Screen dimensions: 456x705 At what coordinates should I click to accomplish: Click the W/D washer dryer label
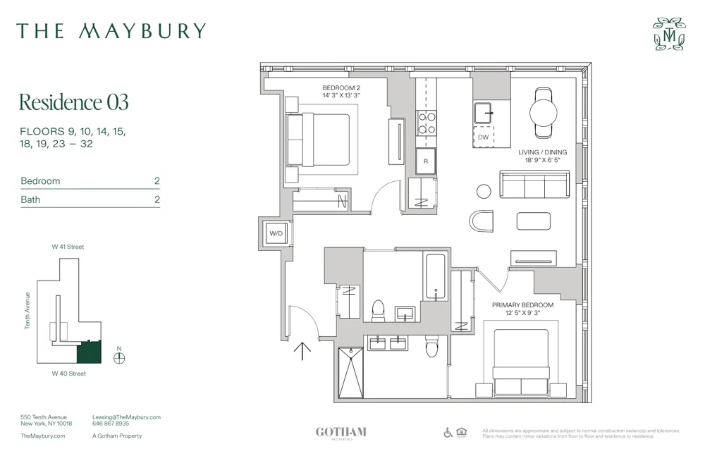coord(274,233)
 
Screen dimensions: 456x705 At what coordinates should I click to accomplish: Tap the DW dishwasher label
coord(483,137)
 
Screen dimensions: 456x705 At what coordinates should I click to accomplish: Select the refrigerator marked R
coord(426,161)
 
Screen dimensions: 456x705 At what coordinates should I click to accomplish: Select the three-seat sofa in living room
coord(534,185)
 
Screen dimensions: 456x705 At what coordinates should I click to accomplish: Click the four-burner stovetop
coord(427,123)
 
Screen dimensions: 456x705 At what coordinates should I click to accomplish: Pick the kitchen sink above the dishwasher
coord(484,113)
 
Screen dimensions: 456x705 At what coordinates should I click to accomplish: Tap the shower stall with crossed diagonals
coord(350,373)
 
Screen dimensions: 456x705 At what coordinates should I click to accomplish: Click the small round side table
coord(484,191)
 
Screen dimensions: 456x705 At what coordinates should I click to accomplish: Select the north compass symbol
coord(119,357)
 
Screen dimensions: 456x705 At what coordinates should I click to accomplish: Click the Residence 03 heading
coord(73,102)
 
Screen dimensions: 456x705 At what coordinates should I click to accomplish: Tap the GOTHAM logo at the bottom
coord(341,432)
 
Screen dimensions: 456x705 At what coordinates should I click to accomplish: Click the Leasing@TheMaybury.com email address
coord(126,417)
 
